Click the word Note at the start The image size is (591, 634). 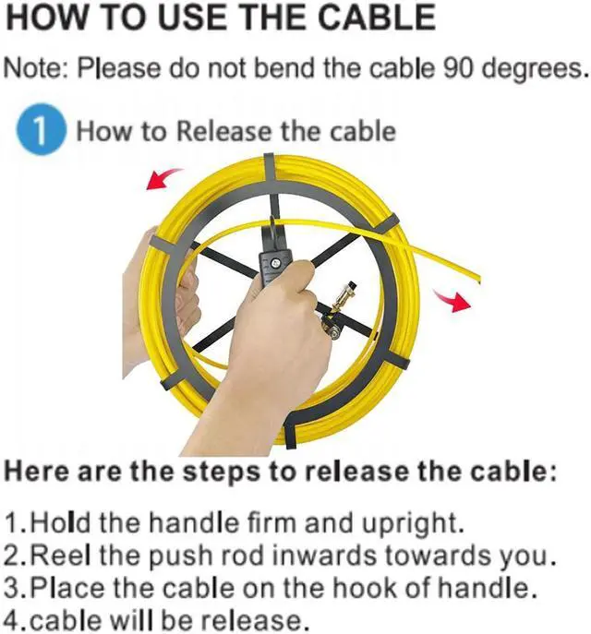[35, 68]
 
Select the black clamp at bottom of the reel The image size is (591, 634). [288, 432]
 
